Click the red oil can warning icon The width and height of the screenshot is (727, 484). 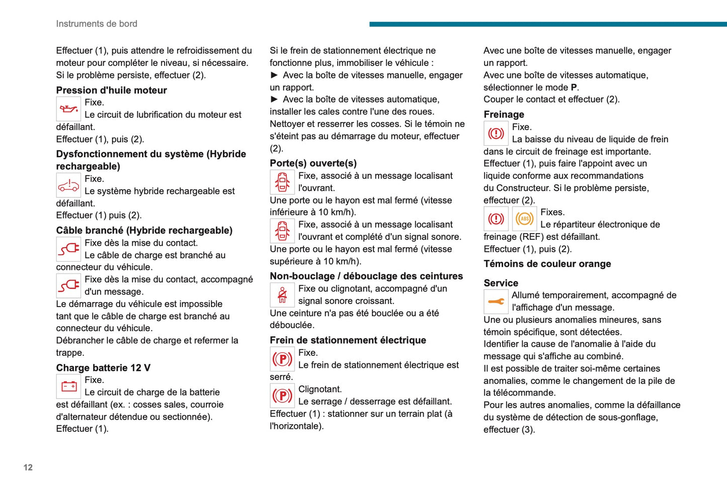[68, 109]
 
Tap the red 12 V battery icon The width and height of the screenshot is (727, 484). [68, 386]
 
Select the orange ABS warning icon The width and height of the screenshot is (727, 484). [524, 219]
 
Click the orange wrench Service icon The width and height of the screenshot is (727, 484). [496, 302]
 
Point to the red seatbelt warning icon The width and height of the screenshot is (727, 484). [282, 295]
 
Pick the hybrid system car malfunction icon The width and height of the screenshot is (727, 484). [68, 185]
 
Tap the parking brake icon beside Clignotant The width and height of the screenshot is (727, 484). [282, 396]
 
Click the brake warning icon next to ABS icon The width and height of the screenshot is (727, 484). [496, 219]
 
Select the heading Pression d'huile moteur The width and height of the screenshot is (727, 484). [111, 90]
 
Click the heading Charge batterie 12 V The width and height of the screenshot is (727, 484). [103, 368]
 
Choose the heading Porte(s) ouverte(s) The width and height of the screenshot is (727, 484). [313, 163]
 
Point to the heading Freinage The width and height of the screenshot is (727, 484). [504, 115]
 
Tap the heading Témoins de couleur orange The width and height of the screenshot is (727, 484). [547, 264]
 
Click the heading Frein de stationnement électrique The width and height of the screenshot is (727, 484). [348, 340]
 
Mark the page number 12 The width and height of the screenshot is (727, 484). [28, 467]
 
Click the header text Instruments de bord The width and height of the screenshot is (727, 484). [97, 24]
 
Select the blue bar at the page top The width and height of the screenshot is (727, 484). [547, 24]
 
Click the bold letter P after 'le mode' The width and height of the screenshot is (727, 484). [574, 87]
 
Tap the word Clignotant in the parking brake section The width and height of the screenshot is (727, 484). [320, 389]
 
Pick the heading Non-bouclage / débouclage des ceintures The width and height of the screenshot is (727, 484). [366, 276]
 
